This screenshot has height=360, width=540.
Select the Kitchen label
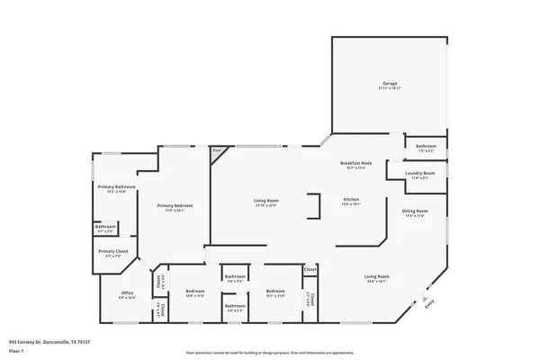[351, 200]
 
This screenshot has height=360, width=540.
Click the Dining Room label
[414, 211]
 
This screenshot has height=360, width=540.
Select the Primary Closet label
[112, 253]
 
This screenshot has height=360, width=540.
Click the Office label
[127, 292]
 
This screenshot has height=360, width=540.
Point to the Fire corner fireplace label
[216, 151]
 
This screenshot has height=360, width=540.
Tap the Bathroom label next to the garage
[426, 146]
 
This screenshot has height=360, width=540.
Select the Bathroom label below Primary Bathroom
[105, 227]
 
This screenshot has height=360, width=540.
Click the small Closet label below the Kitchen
[310, 269]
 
